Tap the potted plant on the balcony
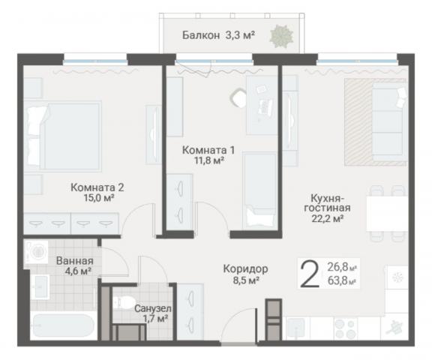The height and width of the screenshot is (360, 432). pos(283,34)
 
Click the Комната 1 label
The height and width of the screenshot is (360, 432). pos(203,148)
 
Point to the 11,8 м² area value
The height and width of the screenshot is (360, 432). pos(203,160)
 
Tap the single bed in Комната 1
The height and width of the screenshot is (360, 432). pos(259,187)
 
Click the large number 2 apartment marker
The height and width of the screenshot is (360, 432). pos(307,272)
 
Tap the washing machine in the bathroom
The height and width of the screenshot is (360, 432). pos(37,250)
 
